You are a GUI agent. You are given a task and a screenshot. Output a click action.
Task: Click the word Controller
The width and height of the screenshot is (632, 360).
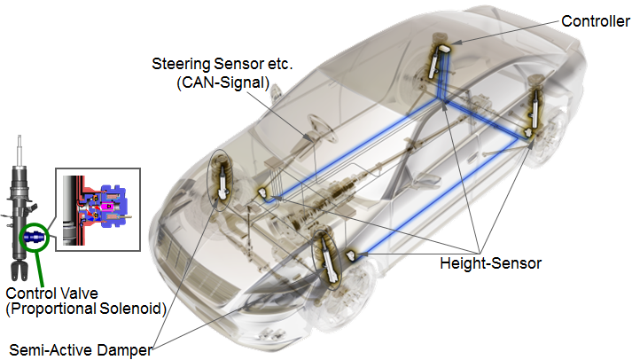click(x=596, y=21)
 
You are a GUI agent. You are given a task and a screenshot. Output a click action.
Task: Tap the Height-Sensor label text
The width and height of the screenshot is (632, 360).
click(x=490, y=263)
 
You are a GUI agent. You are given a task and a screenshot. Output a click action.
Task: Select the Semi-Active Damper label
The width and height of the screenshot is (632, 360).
click(x=81, y=350)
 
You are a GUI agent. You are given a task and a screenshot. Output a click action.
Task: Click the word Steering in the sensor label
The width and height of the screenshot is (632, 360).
click(x=181, y=64)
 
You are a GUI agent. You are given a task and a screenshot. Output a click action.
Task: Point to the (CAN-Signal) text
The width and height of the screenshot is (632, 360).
click(x=222, y=82)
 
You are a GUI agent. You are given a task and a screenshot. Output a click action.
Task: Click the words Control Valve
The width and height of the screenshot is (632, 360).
click(x=51, y=293)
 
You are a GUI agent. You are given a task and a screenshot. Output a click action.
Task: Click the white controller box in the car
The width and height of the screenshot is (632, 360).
click(x=444, y=49)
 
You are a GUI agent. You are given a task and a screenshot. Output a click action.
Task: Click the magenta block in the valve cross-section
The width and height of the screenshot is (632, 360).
click(x=107, y=207)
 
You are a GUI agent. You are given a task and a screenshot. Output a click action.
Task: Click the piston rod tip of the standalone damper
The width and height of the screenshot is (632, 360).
click(x=19, y=137)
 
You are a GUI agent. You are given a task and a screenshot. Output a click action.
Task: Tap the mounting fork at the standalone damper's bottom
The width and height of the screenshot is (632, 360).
click(x=20, y=270)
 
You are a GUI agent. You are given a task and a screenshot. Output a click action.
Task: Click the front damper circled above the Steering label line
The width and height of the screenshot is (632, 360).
click(x=221, y=180)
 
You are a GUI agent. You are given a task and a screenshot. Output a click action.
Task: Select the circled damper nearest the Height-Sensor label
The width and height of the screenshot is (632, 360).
click(x=327, y=260)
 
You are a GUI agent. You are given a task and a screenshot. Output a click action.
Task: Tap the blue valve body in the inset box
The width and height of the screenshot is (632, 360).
click(x=113, y=206)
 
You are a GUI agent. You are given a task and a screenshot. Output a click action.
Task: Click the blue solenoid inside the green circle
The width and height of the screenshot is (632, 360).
click(x=34, y=238)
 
